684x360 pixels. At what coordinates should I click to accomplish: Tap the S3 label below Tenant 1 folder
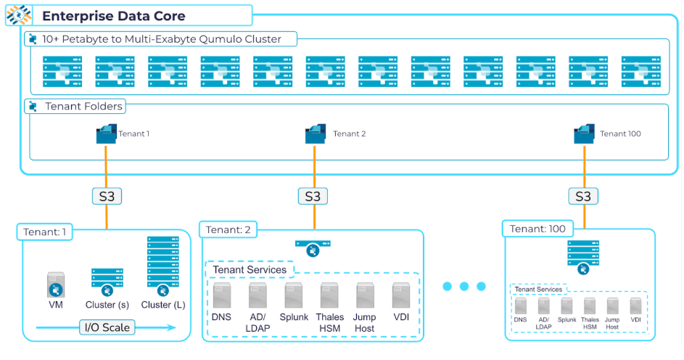tap(106, 196)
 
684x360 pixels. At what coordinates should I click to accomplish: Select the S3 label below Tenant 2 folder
tap(312, 196)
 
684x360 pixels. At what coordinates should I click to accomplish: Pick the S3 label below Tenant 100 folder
tap(583, 196)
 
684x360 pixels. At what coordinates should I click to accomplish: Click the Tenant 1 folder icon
tap(106, 134)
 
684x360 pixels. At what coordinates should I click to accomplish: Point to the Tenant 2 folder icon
tap(315, 134)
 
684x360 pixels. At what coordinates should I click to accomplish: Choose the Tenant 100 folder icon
tap(584, 134)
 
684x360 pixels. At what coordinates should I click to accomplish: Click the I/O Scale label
tap(106, 327)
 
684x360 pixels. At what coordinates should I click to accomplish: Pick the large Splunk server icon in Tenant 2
tap(294, 296)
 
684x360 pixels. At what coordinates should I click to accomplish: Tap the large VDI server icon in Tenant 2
tap(401, 296)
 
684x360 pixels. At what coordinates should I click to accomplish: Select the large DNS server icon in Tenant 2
tap(222, 296)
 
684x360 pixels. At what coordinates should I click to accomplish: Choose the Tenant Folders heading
tap(83, 107)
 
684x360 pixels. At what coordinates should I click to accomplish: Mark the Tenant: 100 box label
tap(537, 229)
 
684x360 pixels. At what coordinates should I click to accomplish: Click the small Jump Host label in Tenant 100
tap(612, 323)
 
